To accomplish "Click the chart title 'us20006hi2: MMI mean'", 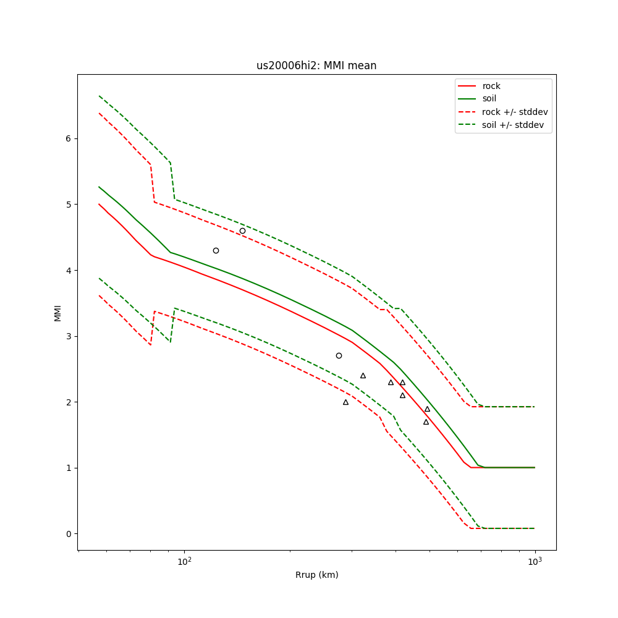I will (316, 66).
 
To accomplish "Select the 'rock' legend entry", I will (491, 86).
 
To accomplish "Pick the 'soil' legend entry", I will (489, 99).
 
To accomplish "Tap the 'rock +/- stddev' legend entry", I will (515, 112).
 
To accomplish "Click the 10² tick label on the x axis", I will (184, 561).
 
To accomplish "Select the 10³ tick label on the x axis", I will (535, 561).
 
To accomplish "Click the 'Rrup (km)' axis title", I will (316, 575).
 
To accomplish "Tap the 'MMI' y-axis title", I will (57, 313).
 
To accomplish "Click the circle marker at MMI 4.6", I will (242, 231).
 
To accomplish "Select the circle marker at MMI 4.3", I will (216, 250).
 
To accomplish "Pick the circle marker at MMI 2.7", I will (339, 355).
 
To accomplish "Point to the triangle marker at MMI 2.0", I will (345, 402).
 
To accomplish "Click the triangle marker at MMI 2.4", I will (363, 376).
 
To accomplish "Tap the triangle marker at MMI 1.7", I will (426, 422).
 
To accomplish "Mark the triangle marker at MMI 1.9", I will (427, 409).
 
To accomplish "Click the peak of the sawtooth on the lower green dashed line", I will (175, 308).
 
